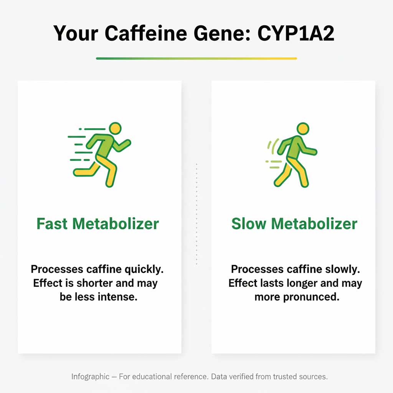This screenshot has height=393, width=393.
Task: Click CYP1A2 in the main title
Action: [x=296, y=33]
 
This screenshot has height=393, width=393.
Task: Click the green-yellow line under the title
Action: [x=196, y=58]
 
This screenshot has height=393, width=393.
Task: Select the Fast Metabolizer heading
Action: [x=97, y=223]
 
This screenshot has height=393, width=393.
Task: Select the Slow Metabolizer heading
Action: [x=294, y=223]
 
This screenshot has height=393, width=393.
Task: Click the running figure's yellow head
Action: [x=115, y=128]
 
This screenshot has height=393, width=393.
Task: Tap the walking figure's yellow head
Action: [x=303, y=128]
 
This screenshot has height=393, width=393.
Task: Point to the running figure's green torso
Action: [x=104, y=145]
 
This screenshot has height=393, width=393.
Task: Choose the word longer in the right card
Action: [x=301, y=283]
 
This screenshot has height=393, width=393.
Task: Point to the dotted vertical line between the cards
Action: [x=196, y=214]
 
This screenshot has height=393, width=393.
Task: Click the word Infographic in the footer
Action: [x=90, y=376]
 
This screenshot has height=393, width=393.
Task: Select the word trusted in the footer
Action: [x=288, y=376]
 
